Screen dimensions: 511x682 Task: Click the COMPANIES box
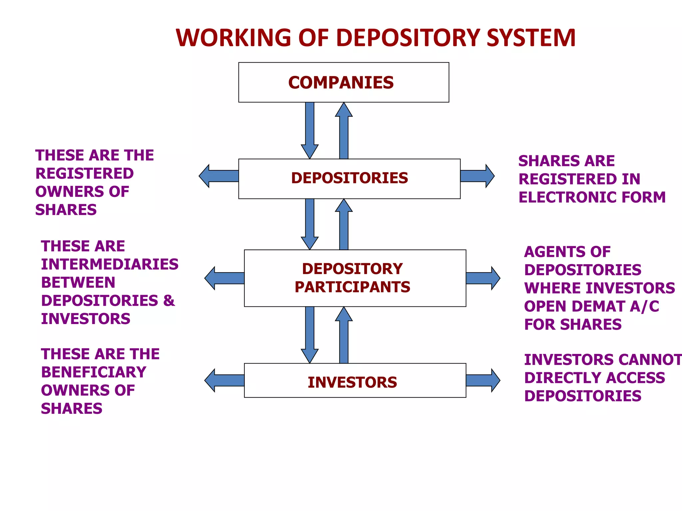click(x=343, y=82)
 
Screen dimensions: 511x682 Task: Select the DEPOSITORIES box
click(x=349, y=179)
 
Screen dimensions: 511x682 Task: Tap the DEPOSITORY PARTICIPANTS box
click(x=355, y=278)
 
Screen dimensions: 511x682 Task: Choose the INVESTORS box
click(x=355, y=381)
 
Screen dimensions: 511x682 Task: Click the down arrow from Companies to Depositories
click(x=310, y=130)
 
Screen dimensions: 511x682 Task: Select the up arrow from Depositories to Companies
click(x=344, y=131)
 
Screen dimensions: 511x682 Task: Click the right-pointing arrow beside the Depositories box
click(x=477, y=176)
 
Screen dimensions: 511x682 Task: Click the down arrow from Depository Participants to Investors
click(x=310, y=334)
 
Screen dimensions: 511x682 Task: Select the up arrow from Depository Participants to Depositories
click(x=344, y=225)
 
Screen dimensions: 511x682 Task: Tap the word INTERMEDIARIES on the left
click(x=110, y=264)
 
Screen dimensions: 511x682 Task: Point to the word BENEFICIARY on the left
click(x=94, y=372)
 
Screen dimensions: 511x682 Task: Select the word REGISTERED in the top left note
click(x=85, y=174)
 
